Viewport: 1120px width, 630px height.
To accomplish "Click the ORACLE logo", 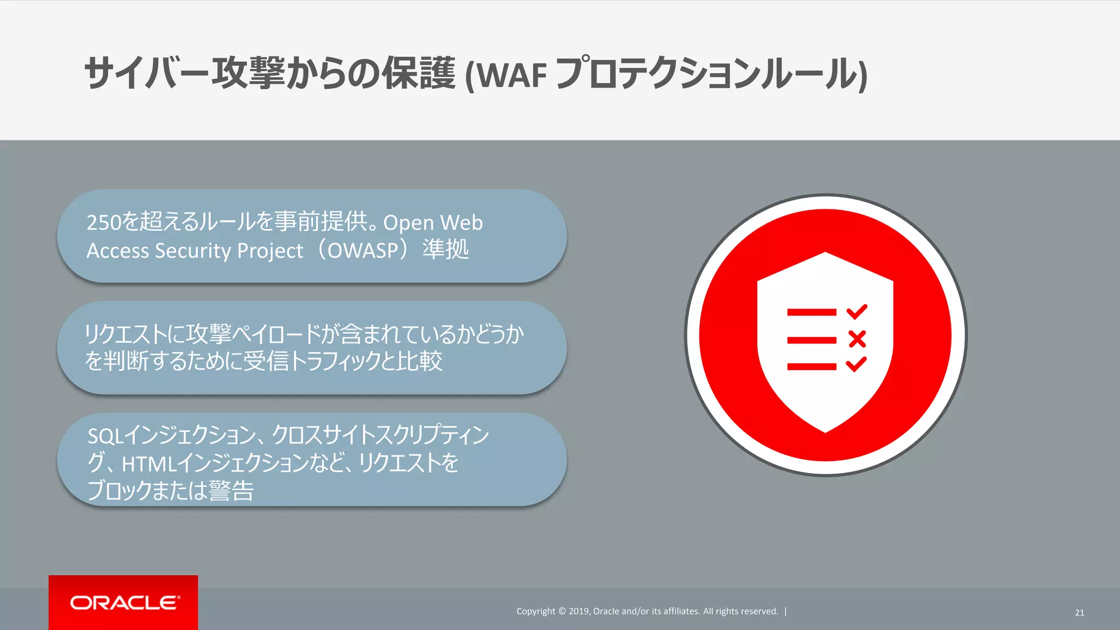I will pos(124,603).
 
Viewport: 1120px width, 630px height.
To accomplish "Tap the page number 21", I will pos(1079,612).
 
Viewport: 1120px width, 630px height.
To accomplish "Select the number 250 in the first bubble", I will pos(103,223).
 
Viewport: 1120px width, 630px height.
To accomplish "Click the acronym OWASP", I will pos(363,250).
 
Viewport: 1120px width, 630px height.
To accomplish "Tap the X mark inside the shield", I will pos(857,339).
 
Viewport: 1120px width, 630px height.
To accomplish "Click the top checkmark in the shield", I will pos(856,311).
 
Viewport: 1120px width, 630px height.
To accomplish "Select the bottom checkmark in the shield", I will pos(856,364).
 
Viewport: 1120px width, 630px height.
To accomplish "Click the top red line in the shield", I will pos(812,312).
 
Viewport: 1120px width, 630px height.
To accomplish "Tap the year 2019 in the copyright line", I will pos(579,611).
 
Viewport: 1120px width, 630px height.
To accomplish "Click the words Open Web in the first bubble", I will pos(433,223).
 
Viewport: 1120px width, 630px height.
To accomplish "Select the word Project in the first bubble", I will pos(270,250).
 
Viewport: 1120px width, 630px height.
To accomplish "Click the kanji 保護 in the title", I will pos(418,74).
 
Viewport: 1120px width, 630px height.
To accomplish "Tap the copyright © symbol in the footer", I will pos(562,611).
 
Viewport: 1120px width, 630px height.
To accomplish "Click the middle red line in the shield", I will pos(812,340).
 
